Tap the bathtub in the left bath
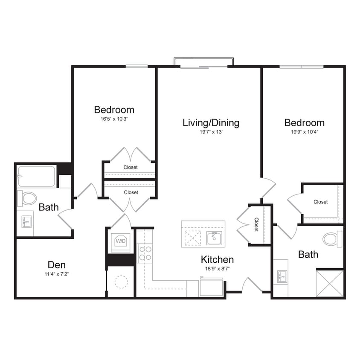click(36, 176)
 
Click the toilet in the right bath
click(332, 239)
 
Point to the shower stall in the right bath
click(330, 282)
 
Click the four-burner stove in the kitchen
click(145, 253)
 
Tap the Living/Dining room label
click(211, 123)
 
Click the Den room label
click(56, 264)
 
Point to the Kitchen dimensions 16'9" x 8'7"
click(217, 269)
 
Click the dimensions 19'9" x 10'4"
click(304, 132)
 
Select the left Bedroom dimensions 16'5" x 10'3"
click(114, 119)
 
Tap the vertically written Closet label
click(256, 224)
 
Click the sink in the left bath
click(26, 221)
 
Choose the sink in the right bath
click(282, 277)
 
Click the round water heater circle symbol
click(121, 282)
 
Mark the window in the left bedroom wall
click(136, 66)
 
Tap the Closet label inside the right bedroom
click(320, 202)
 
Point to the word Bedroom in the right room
click(304, 123)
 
